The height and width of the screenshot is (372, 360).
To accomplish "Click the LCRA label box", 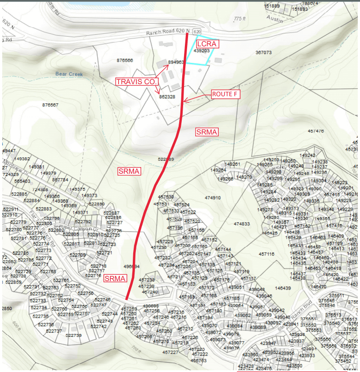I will click(x=206, y=44).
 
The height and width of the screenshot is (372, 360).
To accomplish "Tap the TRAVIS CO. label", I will click(x=137, y=82).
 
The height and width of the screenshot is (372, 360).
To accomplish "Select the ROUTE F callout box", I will click(x=225, y=94).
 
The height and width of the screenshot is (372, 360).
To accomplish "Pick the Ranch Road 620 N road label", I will click(x=168, y=32).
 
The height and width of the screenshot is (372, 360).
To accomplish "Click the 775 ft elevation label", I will click(x=239, y=19).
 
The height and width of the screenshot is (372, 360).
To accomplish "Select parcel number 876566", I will click(x=125, y=60).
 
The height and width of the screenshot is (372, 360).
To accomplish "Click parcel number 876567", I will click(x=50, y=105).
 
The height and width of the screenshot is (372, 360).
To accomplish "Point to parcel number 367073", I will click(x=263, y=53).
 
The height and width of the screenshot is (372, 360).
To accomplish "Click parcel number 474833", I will click(x=242, y=224).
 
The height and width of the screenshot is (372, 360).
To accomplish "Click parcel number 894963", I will click(x=176, y=62).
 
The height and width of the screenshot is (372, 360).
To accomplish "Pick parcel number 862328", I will click(x=167, y=96).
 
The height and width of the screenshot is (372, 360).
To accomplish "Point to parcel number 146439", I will click(x=282, y=288).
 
